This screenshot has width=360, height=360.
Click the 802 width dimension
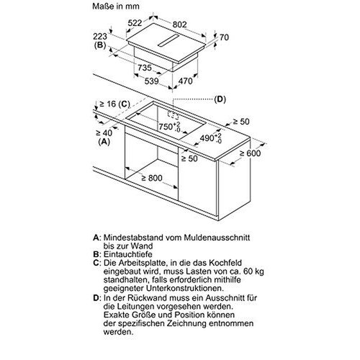(x=180, y=24)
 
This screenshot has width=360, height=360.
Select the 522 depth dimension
(x=135, y=23)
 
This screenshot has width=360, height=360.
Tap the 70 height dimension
(x=224, y=37)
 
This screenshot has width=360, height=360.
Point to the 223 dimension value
(x=100, y=37)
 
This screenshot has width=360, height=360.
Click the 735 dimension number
(x=145, y=68)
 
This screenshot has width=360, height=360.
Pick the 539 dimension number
(x=152, y=81)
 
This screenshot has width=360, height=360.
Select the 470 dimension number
(x=186, y=81)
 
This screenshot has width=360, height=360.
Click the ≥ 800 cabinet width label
(x=152, y=178)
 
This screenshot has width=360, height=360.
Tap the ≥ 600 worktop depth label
(x=250, y=153)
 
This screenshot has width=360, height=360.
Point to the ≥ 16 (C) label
(x=114, y=104)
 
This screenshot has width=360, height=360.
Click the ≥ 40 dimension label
(x=104, y=132)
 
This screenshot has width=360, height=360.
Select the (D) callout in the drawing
(x=220, y=99)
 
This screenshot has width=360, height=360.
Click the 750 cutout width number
(x=166, y=127)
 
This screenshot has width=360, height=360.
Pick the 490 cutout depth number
(x=207, y=138)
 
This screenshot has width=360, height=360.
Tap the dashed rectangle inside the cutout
(x=173, y=115)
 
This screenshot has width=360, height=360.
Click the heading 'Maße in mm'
(x=116, y=6)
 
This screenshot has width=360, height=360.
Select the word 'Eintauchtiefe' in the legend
(x=128, y=254)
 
